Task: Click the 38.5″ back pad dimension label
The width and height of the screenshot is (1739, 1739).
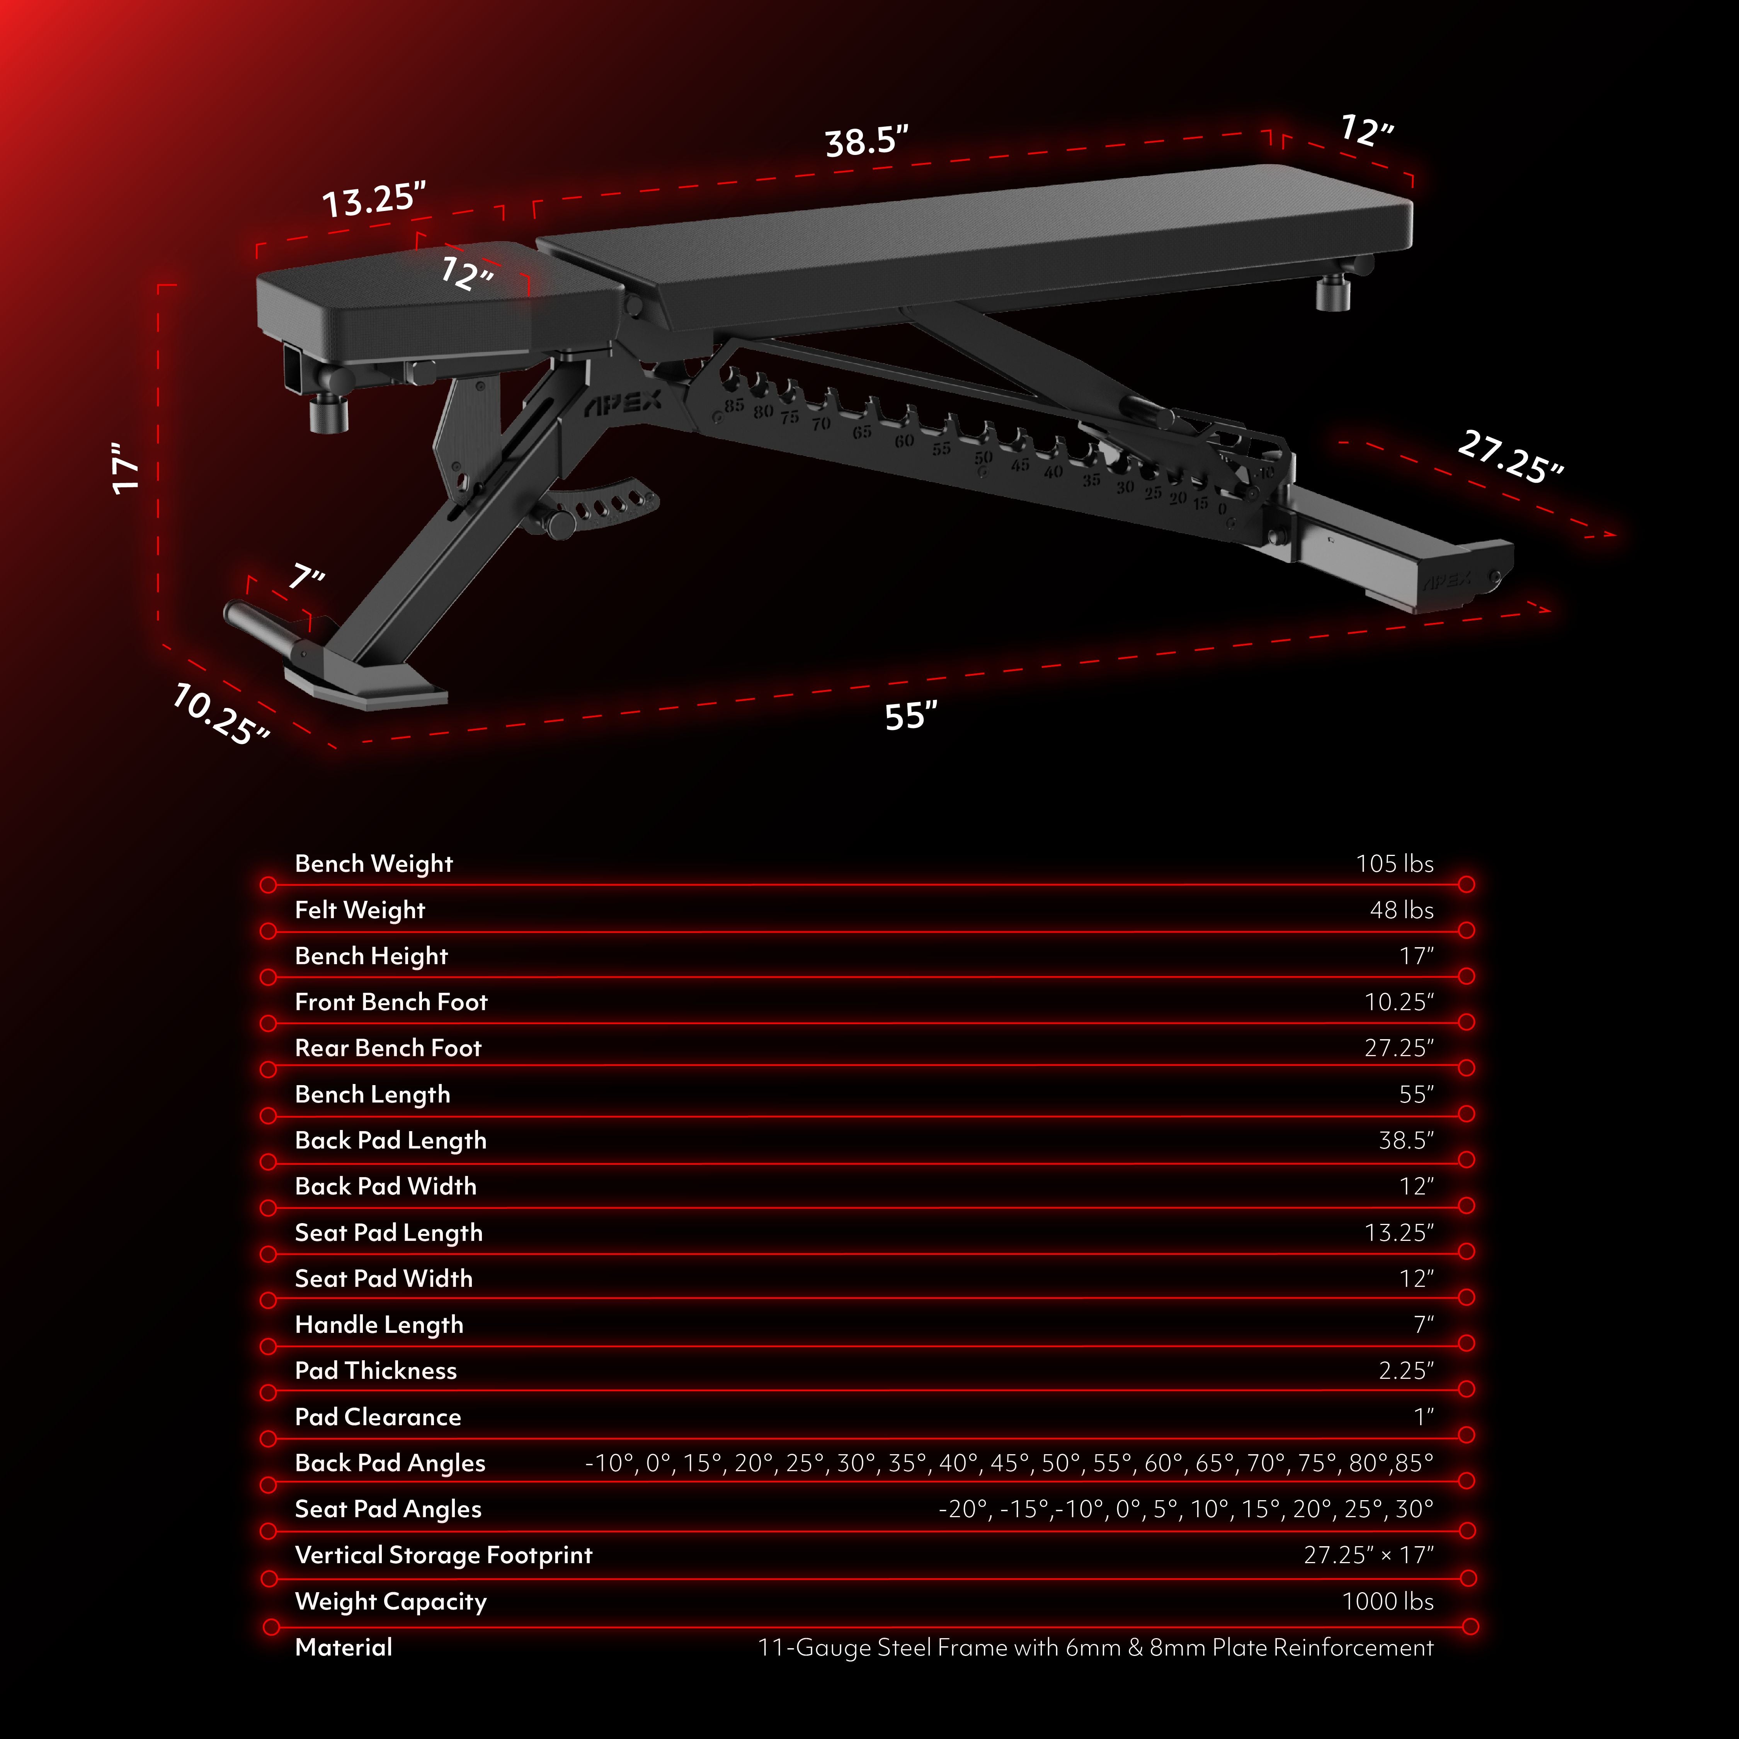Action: pyautogui.click(x=866, y=141)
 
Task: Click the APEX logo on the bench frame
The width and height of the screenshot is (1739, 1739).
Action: pyautogui.click(x=623, y=404)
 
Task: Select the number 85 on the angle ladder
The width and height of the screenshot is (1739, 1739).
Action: pyautogui.click(x=733, y=405)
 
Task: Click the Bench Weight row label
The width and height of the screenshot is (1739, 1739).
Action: pyautogui.click(x=374, y=863)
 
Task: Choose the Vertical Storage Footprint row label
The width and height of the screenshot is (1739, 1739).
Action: pyautogui.click(x=443, y=1555)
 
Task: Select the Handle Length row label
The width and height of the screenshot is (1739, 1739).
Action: pyautogui.click(x=379, y=1324)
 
